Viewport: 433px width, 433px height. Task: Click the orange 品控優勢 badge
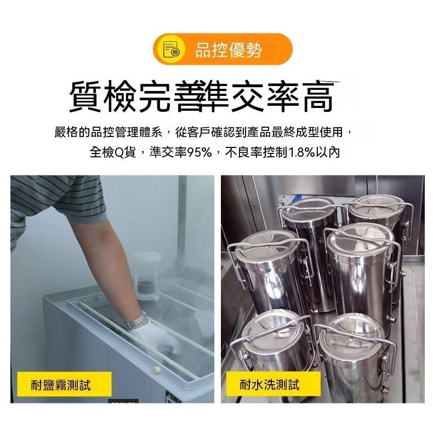tap(223, 49)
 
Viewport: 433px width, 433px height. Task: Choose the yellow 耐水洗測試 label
tap(270, 385)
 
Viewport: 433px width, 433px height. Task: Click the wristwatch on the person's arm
tap(137, 321)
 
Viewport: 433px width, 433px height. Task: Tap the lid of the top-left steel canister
tap(309, 201)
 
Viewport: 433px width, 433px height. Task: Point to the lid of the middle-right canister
tap(360, 233)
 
